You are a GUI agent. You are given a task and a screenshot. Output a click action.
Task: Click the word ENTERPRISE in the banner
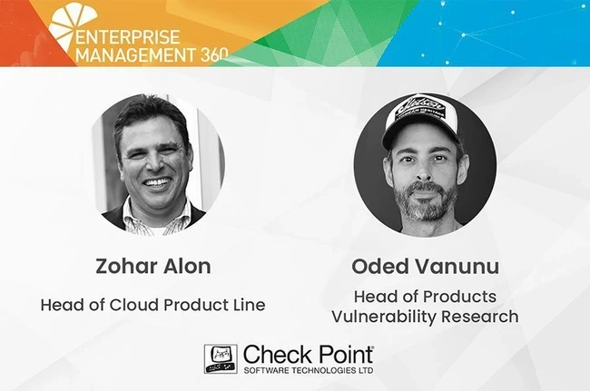coord(128,37)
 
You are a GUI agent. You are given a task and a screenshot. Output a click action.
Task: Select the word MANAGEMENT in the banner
coord(136,55)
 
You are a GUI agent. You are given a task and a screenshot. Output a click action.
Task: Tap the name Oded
coord(379,266)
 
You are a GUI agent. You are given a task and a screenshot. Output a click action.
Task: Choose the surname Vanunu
coord(457,267)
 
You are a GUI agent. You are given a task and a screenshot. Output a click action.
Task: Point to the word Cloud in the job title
coord(134,305)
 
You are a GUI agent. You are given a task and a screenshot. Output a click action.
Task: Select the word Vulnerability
coord(383,317)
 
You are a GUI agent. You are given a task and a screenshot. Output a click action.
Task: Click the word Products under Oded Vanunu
coord(459,297)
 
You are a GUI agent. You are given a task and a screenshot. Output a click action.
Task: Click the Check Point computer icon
coord(221,358)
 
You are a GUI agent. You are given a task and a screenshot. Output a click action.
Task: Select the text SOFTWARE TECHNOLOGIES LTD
coord(309,370)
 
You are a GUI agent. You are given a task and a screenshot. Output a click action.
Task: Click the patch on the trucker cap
coord(419,108)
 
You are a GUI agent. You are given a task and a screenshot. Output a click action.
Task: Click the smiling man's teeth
coord(158,182)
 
